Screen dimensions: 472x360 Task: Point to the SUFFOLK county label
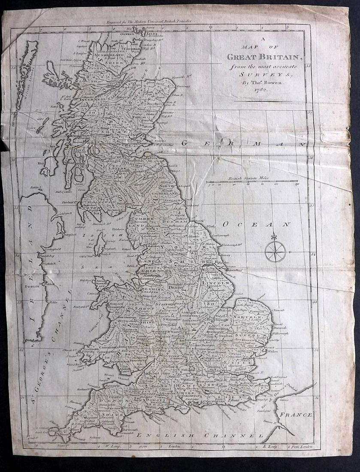253,336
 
